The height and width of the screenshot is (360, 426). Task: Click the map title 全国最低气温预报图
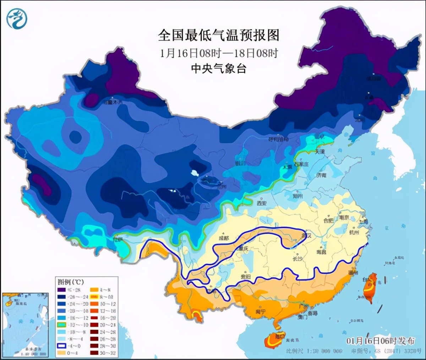[219, 36]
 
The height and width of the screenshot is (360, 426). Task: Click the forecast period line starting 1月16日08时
[219, 53]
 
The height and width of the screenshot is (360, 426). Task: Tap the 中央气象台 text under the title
[219, 68]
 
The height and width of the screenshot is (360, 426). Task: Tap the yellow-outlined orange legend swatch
[94, 297]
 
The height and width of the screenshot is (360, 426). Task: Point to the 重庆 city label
[243, 249]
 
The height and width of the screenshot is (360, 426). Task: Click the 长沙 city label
[297, 259]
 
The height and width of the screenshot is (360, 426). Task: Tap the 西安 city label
[261, 203]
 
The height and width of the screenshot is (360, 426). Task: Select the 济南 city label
[321, 175]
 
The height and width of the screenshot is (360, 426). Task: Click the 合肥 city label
[328, 220]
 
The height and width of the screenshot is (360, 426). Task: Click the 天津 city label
[319, 152]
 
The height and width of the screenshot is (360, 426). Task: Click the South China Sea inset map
[25, 324]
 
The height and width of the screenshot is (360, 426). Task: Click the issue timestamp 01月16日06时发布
[381, 341]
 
